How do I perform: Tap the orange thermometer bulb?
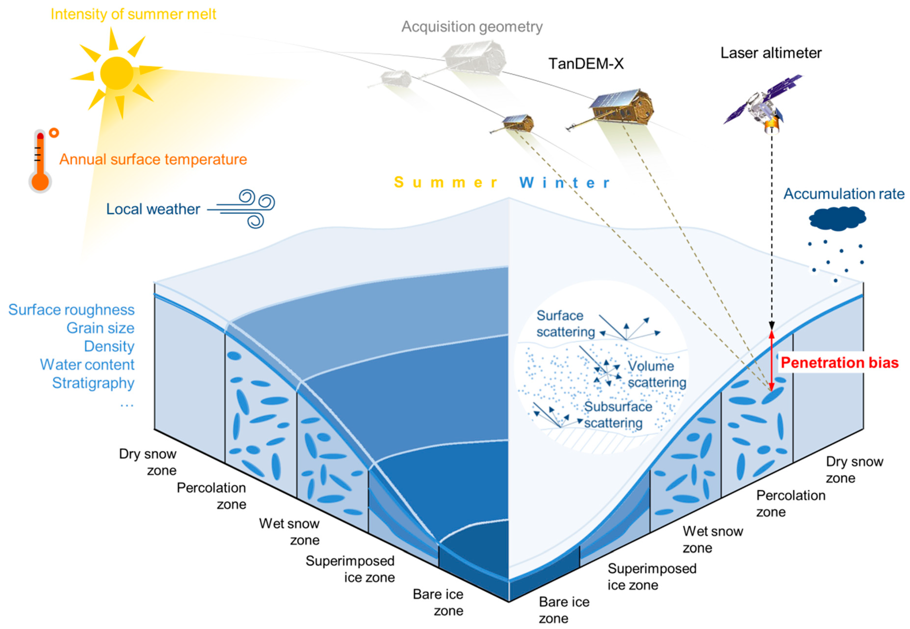click(40, 181)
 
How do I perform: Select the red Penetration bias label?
click(839, 363)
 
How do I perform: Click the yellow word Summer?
click(445, 183)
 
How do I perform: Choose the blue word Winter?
click(564, 183)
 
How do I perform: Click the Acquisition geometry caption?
click(472, 27)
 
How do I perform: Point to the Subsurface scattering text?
click(617, 415)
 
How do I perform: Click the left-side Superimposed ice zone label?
click(350, 569)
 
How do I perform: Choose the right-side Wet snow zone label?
click(712, 539)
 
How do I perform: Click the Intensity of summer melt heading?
click(133, 14)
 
